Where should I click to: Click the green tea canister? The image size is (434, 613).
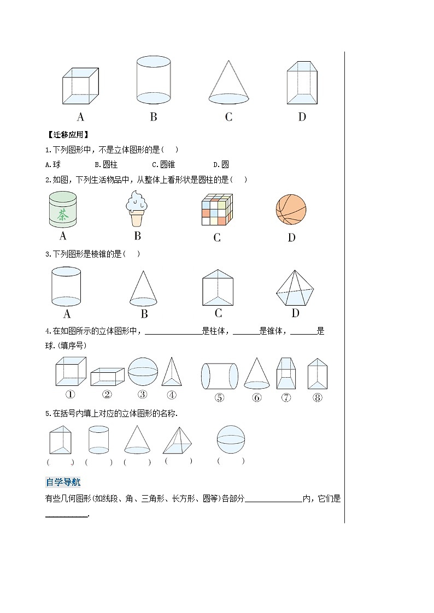tap(62, 210)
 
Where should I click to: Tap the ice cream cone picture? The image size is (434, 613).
tap(137, 209)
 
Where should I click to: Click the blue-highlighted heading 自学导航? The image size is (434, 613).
tap(63, 482)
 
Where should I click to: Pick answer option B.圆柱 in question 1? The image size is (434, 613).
tap(106, 164)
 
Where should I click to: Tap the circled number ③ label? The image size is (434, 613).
tap(143, 395)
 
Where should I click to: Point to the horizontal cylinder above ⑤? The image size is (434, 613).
tap(220, 375)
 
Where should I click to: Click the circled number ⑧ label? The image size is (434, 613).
tap(318, 397)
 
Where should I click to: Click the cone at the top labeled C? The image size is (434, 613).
tap(228, 82)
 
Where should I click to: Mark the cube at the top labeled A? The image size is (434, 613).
tap(80, 86)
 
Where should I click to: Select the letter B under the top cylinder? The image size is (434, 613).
tap(154, 116)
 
